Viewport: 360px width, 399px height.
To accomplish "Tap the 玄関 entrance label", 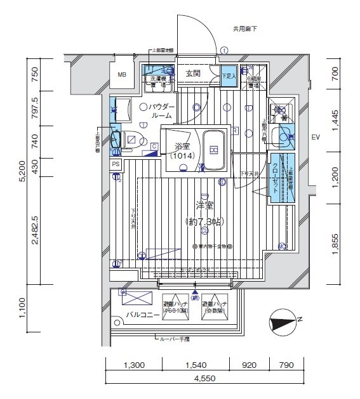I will pos(193,74).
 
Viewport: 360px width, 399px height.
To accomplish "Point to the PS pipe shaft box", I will pos(116,164).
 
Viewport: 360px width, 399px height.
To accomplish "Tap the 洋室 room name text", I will pos(204,206).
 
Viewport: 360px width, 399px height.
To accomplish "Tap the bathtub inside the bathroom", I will pos(214,150).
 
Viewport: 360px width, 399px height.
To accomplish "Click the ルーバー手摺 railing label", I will pos(175,339).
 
